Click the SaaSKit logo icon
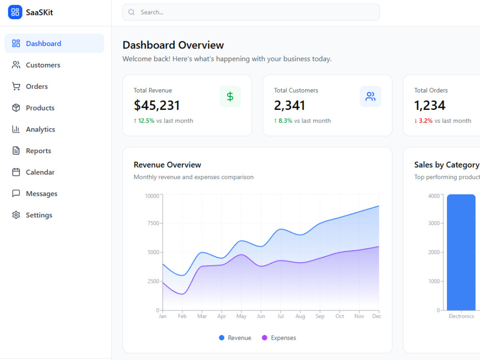coord(15,12)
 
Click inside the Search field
coord(251,12)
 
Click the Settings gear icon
coord(16,215)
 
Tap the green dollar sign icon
coord(230,97)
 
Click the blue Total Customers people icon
coord(371,97)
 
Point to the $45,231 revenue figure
coord(156,106)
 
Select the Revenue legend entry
coord(235,337)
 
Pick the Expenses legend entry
coord(279,337)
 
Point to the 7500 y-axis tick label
coord(154,223)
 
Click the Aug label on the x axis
coord(300,316)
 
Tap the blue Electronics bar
coord(461,252)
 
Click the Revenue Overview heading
coord(168,165)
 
